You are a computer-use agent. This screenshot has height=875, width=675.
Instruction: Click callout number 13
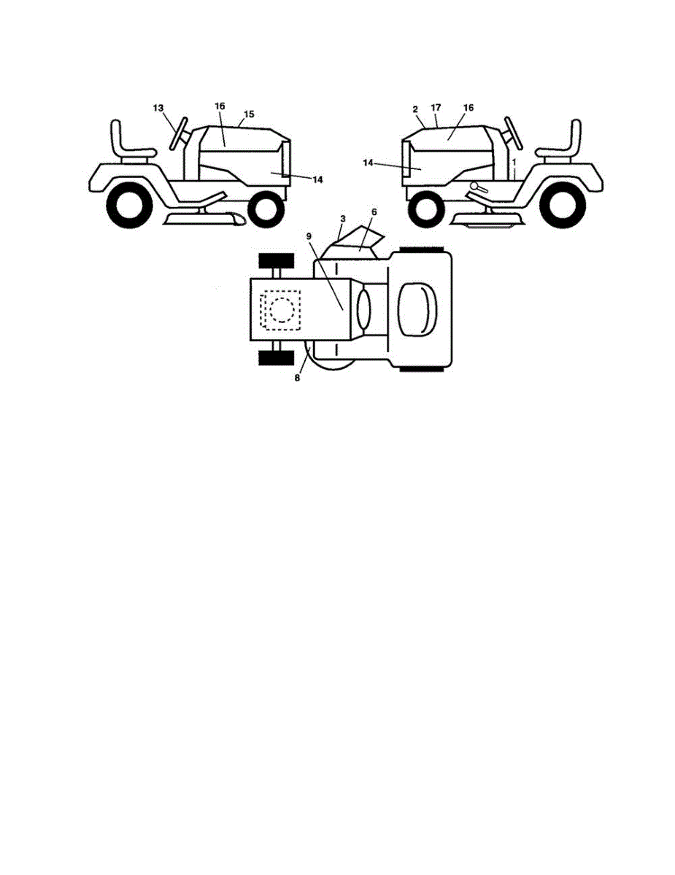click(158, 108)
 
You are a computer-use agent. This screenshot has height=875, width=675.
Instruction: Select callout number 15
click(249, 114)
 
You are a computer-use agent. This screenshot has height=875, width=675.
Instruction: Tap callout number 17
click(436, 108)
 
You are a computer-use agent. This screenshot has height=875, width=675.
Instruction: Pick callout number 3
click(342, 218)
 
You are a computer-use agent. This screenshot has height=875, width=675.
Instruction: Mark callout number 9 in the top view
click(309, 237)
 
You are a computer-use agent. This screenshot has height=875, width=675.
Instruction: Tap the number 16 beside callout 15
click(219, 106)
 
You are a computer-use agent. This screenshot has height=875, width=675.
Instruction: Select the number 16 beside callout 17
click(468, 107)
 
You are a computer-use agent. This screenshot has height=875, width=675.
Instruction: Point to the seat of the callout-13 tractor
click(124, 142)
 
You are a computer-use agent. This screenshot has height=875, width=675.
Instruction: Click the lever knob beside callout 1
click(475, 187)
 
